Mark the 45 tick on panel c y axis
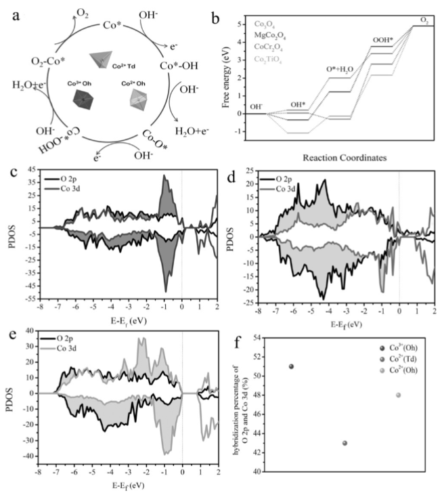tap(28, 170)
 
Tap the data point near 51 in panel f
tap(291, 366)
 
